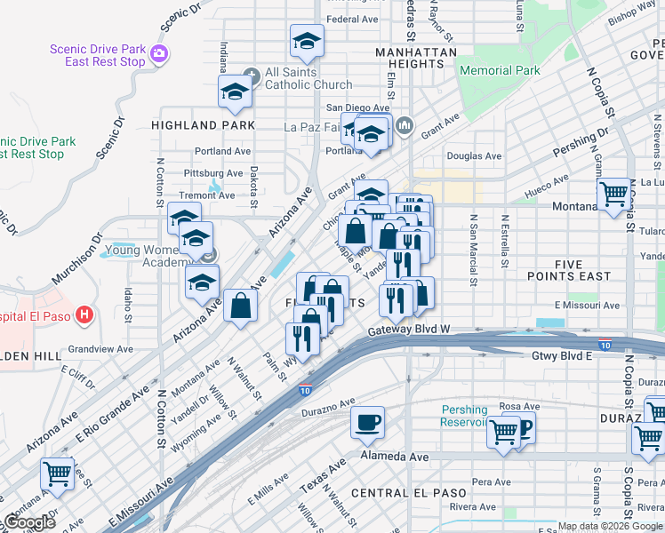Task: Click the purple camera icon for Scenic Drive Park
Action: pos(159,53)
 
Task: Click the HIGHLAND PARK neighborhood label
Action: pos(203,125)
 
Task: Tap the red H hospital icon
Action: pos(84,314)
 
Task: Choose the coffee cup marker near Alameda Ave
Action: pos(367,424)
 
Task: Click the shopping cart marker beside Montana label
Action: pos(614,195)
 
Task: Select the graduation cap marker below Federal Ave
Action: pos(307,41)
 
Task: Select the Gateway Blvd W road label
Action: pos(410,330)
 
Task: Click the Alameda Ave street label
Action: pos(394,457)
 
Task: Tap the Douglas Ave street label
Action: pos(474,156)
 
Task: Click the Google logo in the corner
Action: pos(29,522)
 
